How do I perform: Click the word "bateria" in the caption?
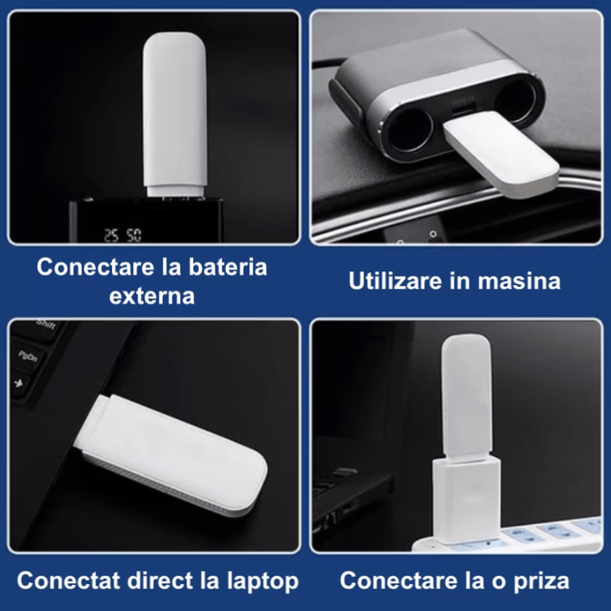click(228, 267)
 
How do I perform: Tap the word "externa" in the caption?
click(152, 297)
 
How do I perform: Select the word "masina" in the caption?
click(519, 282)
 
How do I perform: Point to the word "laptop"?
click(263, 582)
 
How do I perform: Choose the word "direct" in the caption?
click(160, 581)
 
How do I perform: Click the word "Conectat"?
click(68, 581)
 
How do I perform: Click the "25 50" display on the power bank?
click(123, 235)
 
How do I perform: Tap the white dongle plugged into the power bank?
click(174, 114)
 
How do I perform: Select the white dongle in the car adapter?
click(501, 153)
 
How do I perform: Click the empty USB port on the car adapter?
click(464, 109)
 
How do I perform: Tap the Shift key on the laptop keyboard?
click(47, 325)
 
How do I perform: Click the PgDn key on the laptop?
click(27, 356)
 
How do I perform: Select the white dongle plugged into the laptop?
click(172, 455)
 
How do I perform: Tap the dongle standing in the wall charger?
click(466, 395)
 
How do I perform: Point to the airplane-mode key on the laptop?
click(19, 383)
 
